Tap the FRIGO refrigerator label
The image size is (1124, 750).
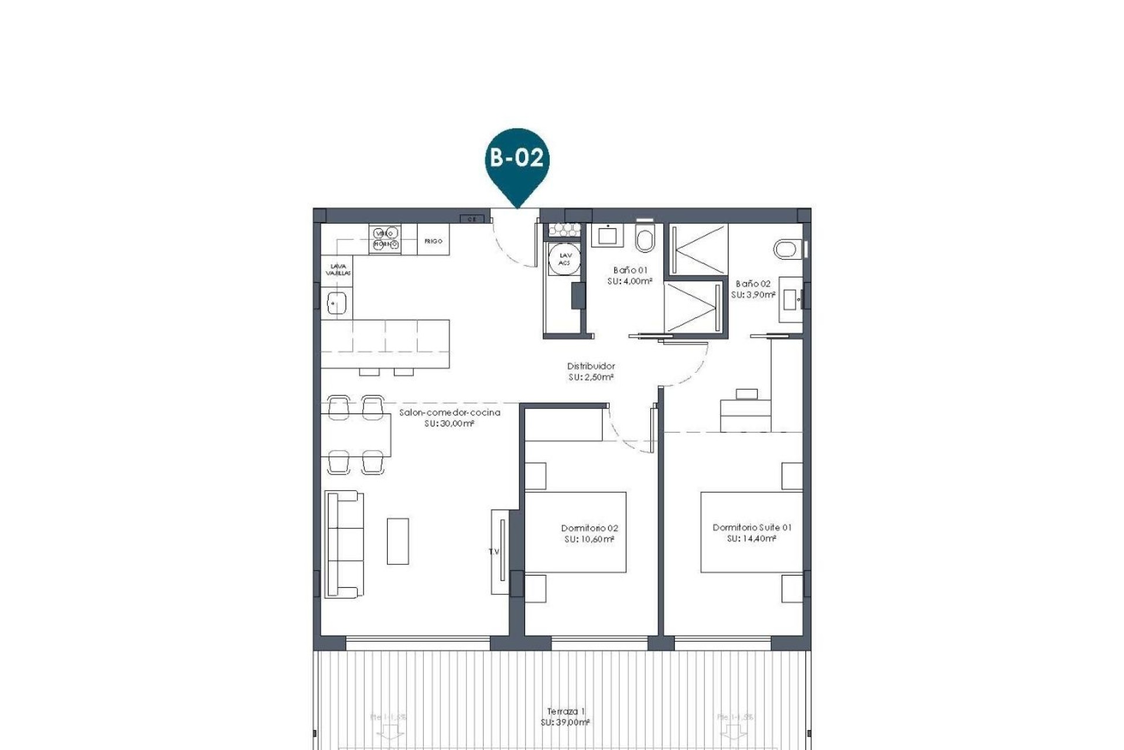[x=433, y=241]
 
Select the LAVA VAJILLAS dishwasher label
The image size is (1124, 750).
[x=338, y=270]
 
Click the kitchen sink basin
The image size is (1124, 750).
[x=337, y=304]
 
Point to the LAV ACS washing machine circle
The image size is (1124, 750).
[x=565, y=259]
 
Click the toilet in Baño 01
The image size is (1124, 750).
[x=645, y=237]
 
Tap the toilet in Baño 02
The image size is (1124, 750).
[x=787, y=249]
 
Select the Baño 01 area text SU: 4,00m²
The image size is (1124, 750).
[x=630, y=281]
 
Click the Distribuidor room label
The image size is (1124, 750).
[x=591, y=366]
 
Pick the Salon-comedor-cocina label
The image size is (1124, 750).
[x=450, y=412]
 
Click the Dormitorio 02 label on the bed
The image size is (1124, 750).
[x=589, y=528]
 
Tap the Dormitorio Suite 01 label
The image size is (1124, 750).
[x=752, y=527]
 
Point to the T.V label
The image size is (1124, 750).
[x=494, y=551]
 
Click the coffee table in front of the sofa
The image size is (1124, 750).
[x=397, y=540]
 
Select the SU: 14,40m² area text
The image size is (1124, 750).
[x=752, y=538]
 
